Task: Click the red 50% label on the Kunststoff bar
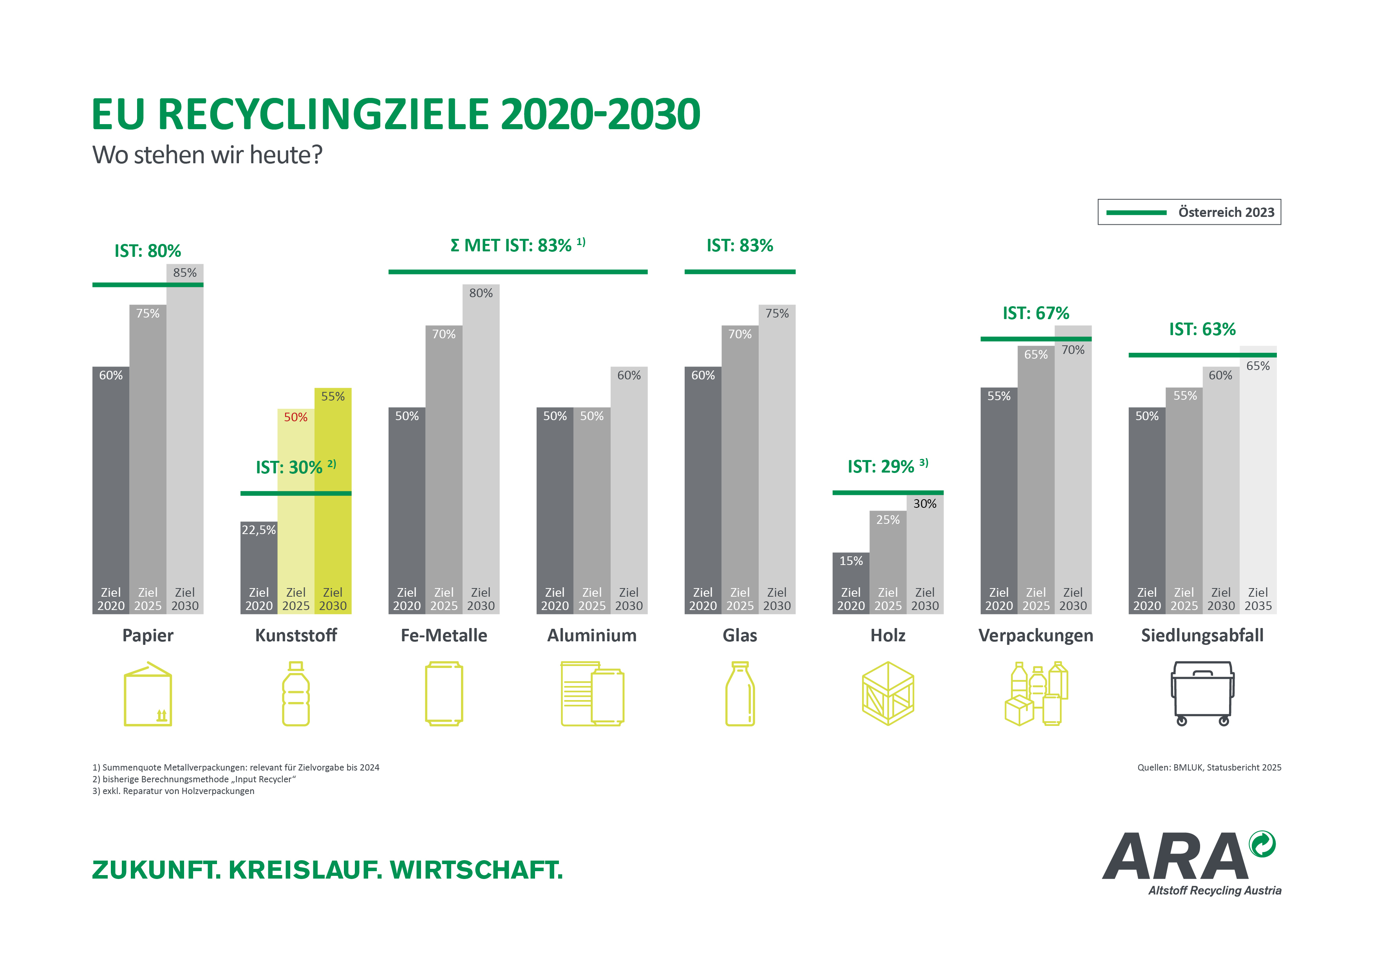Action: tap(296, 417)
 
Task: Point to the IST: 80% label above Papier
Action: tap(147, 251)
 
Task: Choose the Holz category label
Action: tap(888, 635)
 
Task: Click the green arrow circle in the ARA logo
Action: tap(1262, 844)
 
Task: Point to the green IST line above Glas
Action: tap(739, 272)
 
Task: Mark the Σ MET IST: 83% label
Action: tap(518, 245)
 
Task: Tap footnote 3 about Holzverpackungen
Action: tap(173, 791)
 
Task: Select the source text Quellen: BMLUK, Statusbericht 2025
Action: tap(1209, 767)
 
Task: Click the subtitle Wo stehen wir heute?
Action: tap(207, 155)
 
